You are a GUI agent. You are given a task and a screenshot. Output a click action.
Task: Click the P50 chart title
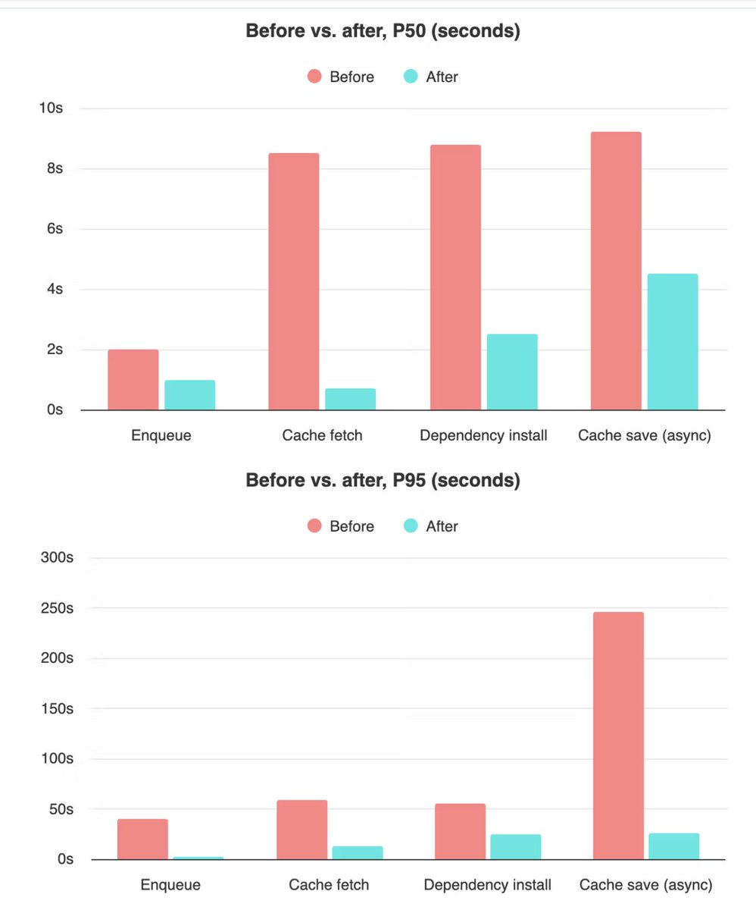pyautogui.click(x=383, y=33)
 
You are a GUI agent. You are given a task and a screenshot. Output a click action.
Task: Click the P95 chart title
pyautogui.click(x=383, y=481)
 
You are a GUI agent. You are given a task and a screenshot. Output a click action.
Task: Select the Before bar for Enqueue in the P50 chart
pyautogui.click(x=133, y=380)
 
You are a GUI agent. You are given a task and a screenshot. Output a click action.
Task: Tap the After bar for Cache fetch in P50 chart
pyautogui.click(x=350, y=399)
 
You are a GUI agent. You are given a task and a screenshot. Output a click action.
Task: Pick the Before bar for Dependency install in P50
pyautogui.click(x=455, y=278)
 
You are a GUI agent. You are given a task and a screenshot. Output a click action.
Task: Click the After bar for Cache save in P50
pyautogui.click(x=673, y=342)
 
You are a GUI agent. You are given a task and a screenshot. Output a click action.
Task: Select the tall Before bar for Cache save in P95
pyautogui.click(x=618, y=736)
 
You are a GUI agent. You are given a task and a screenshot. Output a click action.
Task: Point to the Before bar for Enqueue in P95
pyautogui.click(x=142, y=839)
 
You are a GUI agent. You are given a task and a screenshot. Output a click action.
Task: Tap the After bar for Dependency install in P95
pyautogui.click(x=516, y=847)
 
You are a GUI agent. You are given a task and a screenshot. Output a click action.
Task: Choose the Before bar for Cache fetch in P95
pyautogui.click(x=302, y=830)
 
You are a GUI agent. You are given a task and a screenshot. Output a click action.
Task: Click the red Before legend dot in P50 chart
pyautogui.click(x=314, y=77)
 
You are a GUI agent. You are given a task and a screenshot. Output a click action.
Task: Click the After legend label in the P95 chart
pyautogui.click(x=442, y=526)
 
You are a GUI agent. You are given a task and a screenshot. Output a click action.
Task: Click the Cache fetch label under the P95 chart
pyautogui.click(x=329, y=885)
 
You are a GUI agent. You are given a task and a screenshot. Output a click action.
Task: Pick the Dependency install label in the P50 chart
pyautogui.click(x=483, y=436)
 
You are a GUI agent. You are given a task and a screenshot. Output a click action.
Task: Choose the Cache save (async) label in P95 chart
pyautogui.click(x=645, y=885)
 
